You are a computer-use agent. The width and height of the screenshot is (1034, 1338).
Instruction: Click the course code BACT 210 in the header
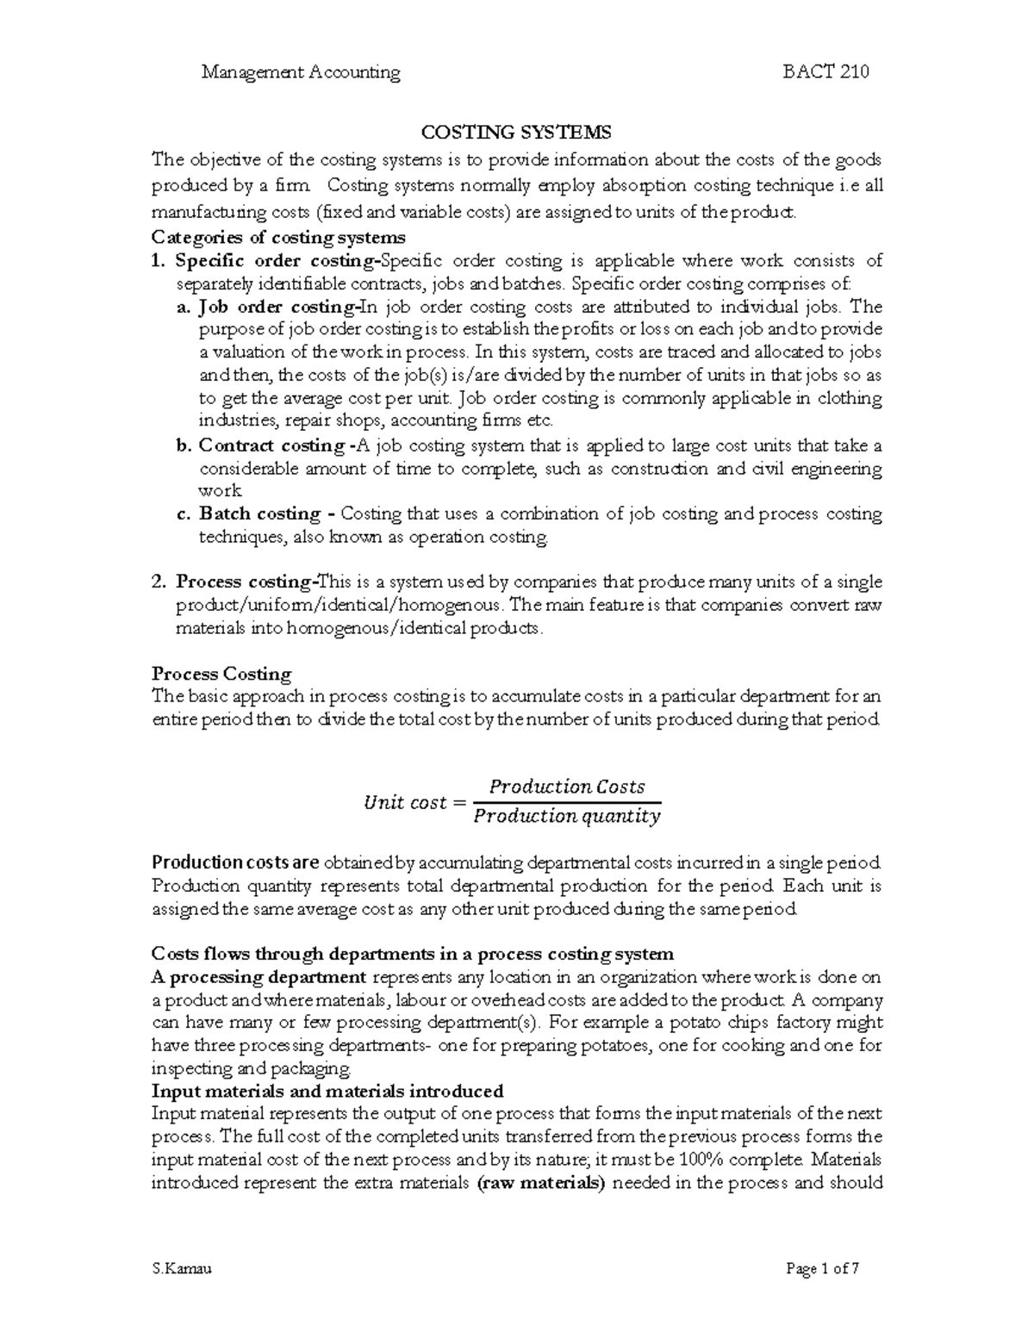[x=825, y=72]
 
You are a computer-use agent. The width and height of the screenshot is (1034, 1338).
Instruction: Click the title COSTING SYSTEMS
[x=515, y=133]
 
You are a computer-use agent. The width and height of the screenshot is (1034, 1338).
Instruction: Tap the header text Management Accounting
[x=301, y=72]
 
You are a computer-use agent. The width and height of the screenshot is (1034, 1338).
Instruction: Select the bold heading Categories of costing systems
[x=277, y=237]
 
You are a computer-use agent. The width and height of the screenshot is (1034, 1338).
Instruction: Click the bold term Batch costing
[x=260, y=514]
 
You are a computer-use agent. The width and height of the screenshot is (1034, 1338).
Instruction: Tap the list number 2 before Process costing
[x=158, y=582]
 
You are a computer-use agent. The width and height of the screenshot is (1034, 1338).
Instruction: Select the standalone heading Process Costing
[x=221, y=674]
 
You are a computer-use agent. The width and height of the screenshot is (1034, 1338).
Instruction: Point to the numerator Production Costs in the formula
[x=567, y=787]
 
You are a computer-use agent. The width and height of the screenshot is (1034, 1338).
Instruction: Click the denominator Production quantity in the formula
[x=567, y=817]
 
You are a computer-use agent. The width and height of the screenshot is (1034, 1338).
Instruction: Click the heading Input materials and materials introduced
[x=327, y=1091]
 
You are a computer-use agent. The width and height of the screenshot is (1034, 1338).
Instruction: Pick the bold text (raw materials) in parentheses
[x=541, y=1183]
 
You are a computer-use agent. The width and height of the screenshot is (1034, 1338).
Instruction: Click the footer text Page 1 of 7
[x=822, y=1268]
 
